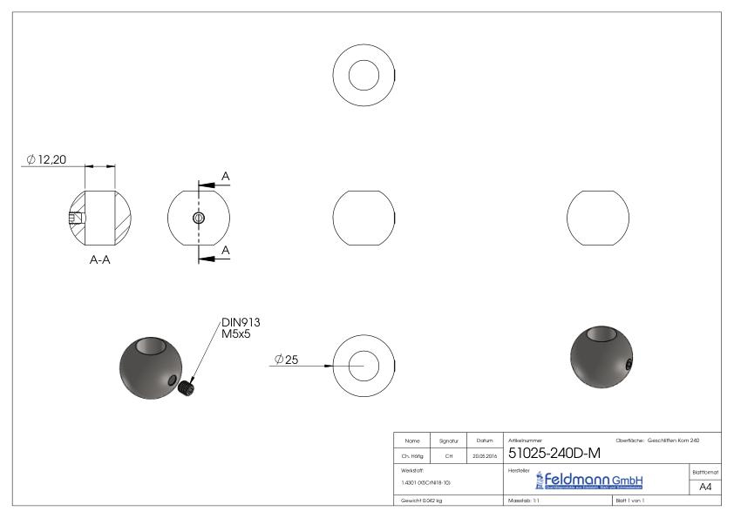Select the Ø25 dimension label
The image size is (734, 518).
point(286,360)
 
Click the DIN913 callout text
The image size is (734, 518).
point(241,322)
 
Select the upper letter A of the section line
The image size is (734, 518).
point(226,177)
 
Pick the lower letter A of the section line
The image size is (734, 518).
point(226,250)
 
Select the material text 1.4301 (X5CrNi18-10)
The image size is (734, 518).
point(426,481)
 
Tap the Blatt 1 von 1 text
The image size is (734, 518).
point(630,501)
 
